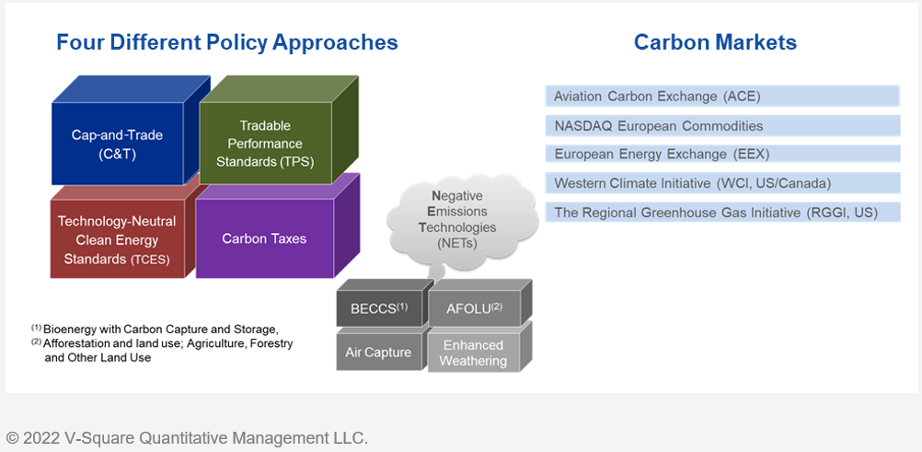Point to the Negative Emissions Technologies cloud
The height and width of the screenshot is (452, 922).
(x=462, y=221)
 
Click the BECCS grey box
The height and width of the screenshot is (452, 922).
(x=379, y=308)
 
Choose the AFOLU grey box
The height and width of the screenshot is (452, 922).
(x=474, y=308)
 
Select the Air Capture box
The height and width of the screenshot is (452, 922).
(x=379, y=352)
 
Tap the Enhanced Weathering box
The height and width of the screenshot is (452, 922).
(x=474, y=352)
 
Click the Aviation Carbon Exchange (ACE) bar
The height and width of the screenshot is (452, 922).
(x=722, y=96)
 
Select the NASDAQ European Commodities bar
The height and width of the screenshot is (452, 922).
(x=722, y=125)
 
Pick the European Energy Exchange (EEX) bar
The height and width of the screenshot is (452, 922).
(x=722, y=154)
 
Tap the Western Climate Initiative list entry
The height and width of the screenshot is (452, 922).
(x=722, y=183)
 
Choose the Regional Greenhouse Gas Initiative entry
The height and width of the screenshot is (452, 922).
(x=722, y=212)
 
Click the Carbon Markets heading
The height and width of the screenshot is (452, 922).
(x=716, y=42)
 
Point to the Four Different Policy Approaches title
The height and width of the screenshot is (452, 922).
(x=227, y=43)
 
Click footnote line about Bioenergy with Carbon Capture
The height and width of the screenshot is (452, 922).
(x=154, y=328)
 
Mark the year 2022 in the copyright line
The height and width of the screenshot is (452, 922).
(x=41, y=438)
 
